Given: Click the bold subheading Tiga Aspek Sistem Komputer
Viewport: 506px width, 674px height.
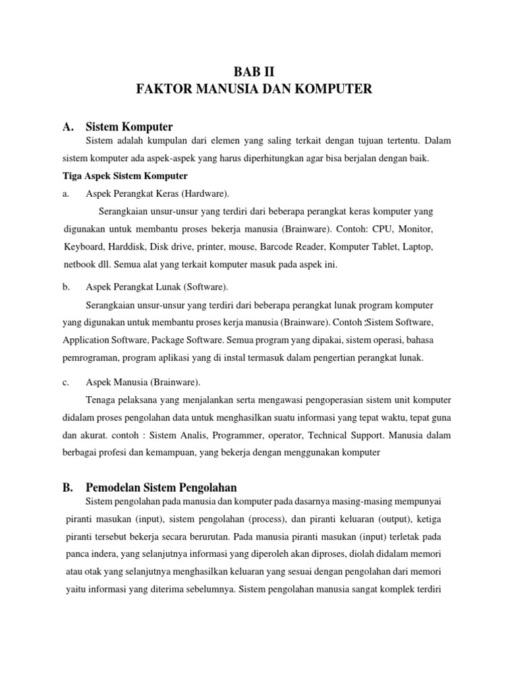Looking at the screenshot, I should click(x=125, y=176).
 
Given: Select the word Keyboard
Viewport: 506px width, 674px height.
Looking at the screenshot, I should click(x=84, y=247).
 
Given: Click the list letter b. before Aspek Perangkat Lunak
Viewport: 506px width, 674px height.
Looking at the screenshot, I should click(x=67, y=288).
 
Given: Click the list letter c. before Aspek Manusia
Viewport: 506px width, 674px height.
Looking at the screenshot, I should click(x=67, y=382).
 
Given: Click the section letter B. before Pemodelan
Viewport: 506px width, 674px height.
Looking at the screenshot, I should click(x=69, y=488).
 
